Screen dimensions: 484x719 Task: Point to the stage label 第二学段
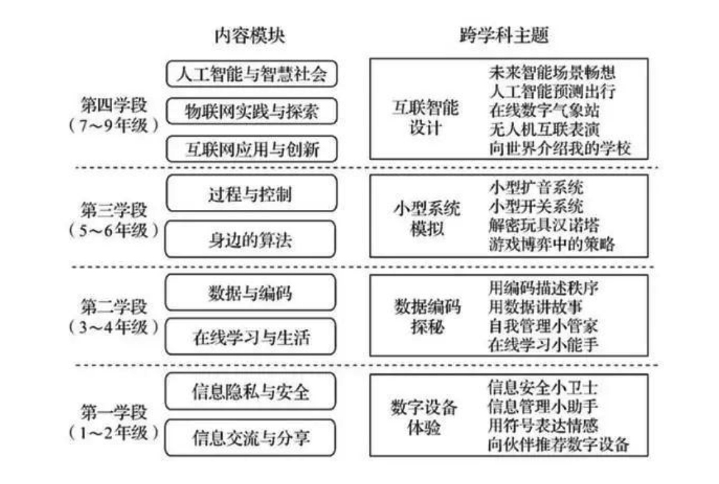coord(113,304)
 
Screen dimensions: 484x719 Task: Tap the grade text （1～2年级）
coord(113,432)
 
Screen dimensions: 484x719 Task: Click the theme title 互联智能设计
coord(426,116)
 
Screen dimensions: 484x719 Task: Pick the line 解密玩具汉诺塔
coord(544,226)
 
